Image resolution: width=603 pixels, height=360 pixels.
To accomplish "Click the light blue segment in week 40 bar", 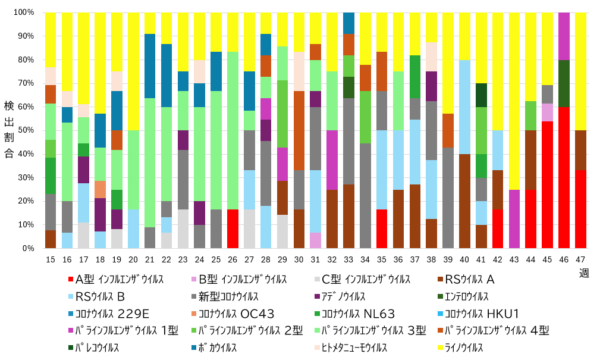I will point(464,107).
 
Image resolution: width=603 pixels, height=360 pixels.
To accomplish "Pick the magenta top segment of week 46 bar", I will point(564,36).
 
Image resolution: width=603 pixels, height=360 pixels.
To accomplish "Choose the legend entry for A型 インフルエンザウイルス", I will point(116,278).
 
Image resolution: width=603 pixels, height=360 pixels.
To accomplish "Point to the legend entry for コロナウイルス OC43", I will point(234,314).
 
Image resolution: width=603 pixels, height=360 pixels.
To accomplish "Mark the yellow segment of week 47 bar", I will point(580,71).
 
